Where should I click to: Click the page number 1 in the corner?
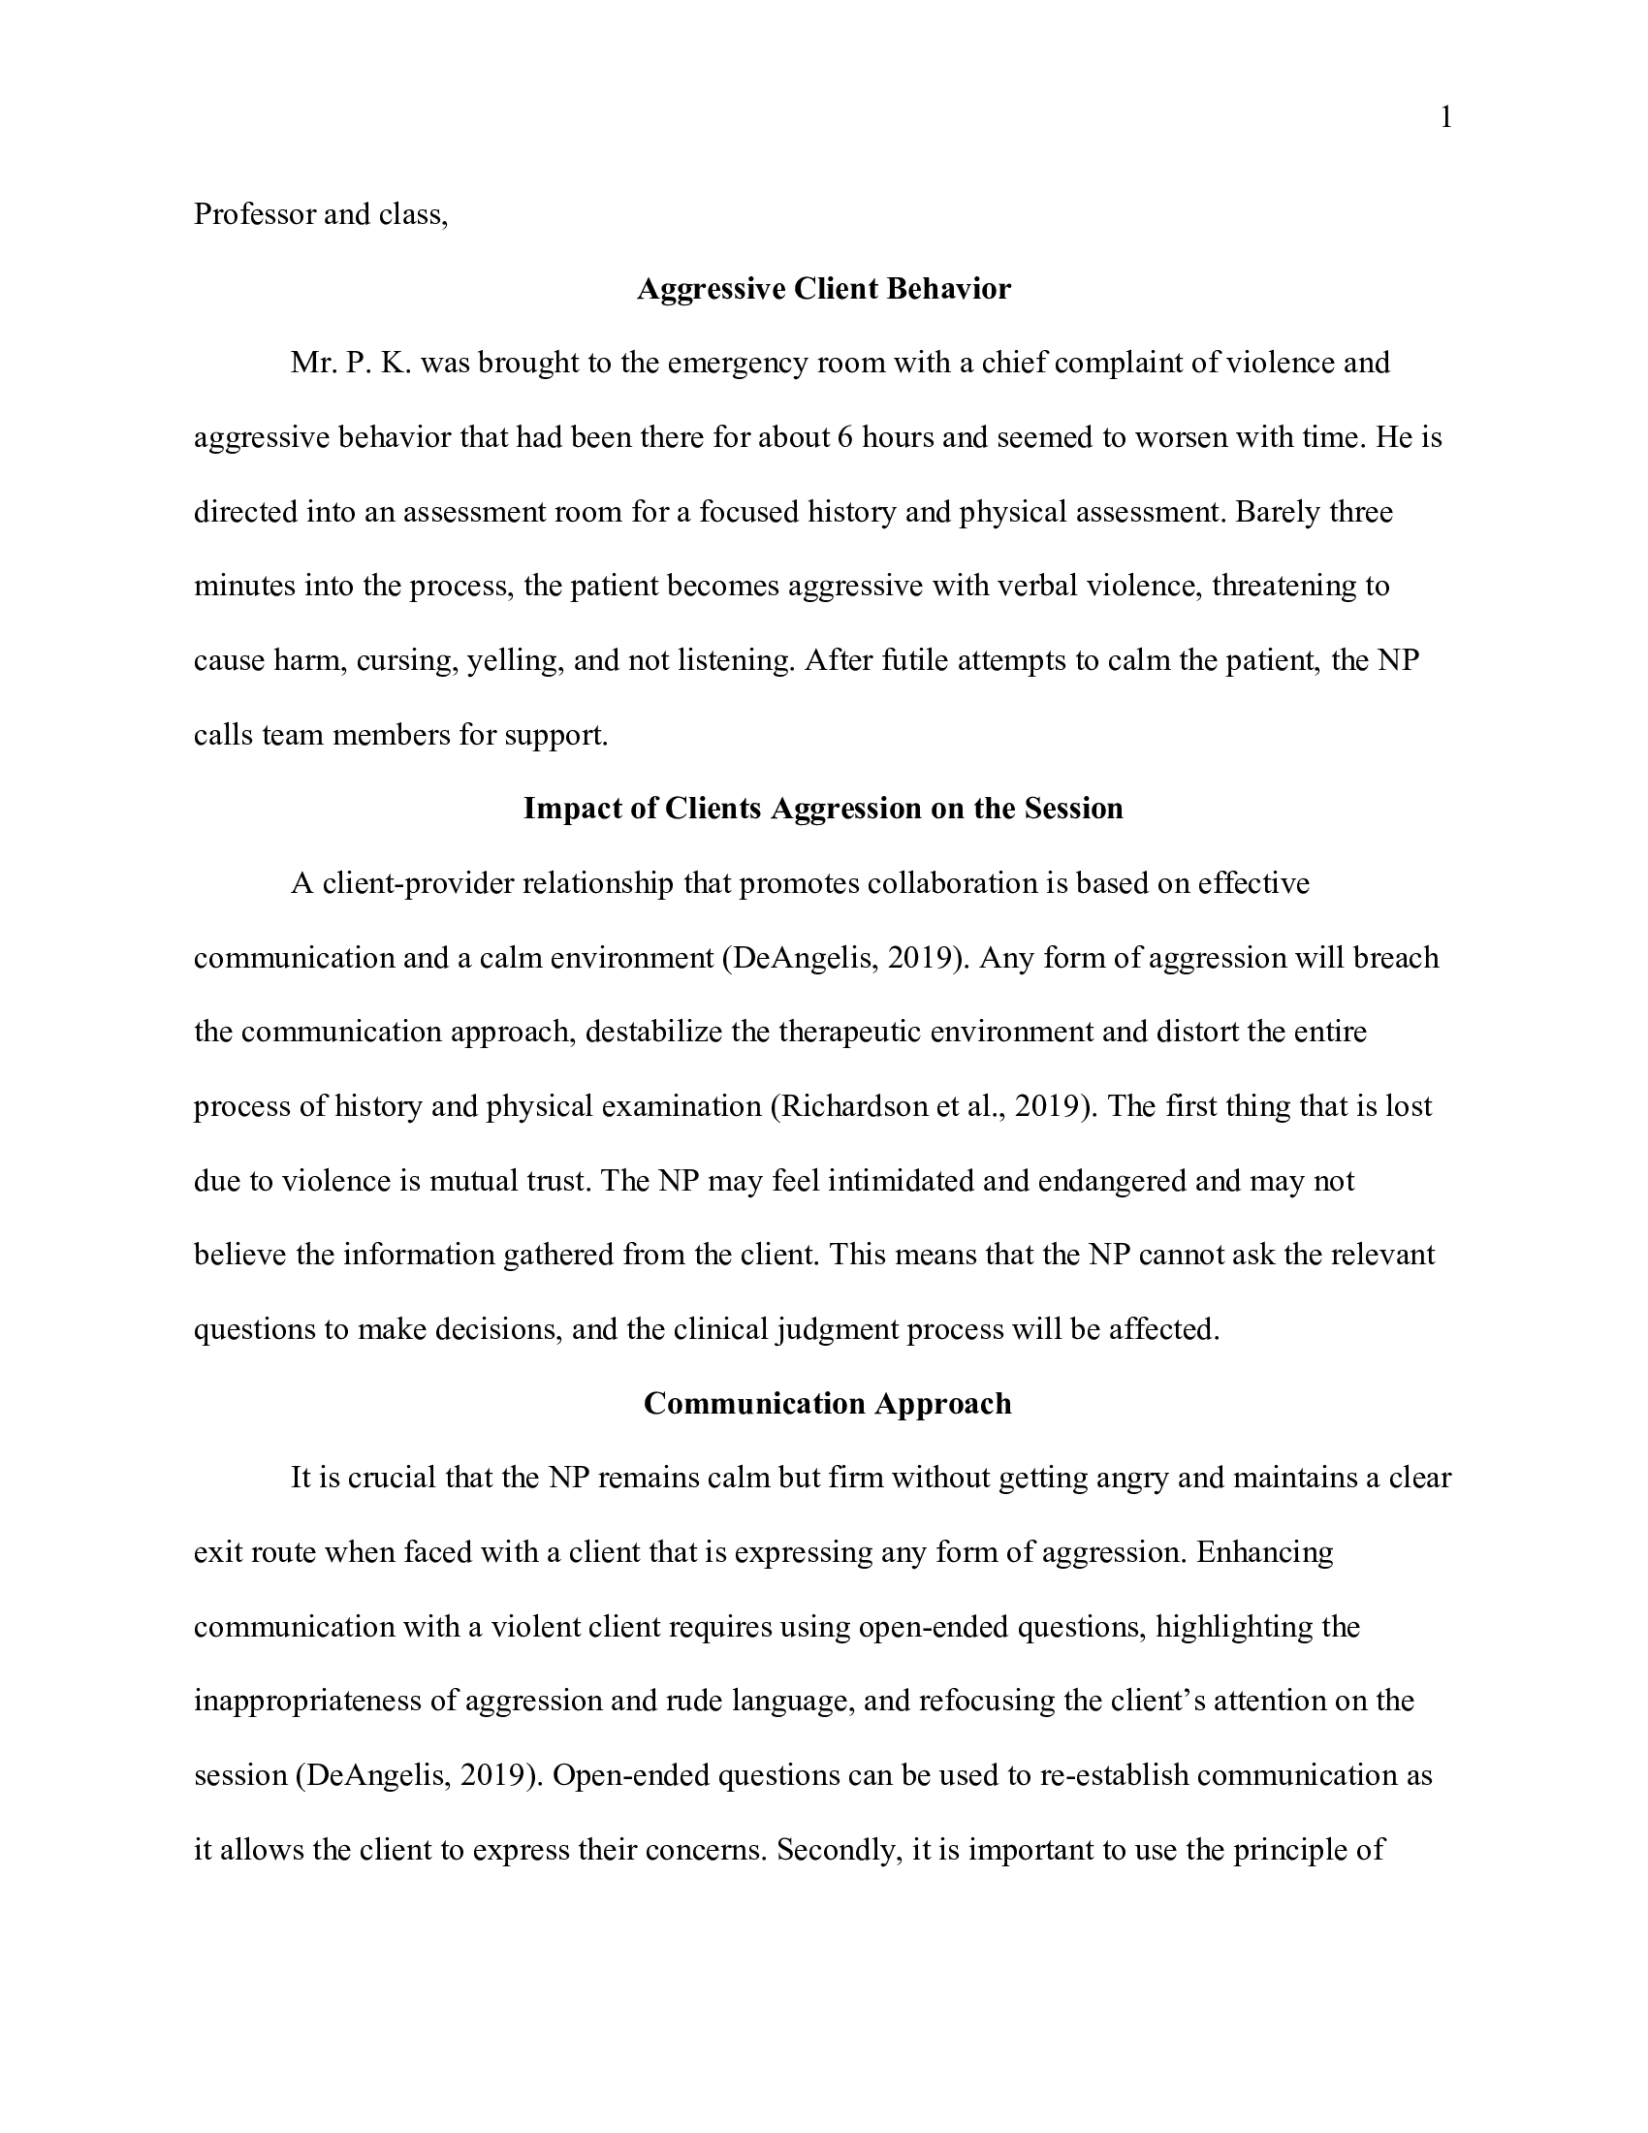(x=1446, y=118)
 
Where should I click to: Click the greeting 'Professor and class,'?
(x=320, y=214)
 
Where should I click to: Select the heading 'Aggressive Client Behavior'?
(x=823, y=289)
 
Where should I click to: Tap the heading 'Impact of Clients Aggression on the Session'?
(x=823, y=809)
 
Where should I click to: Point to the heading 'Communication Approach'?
(x=827, y=1404)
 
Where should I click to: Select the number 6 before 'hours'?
(x=844, y=437)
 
